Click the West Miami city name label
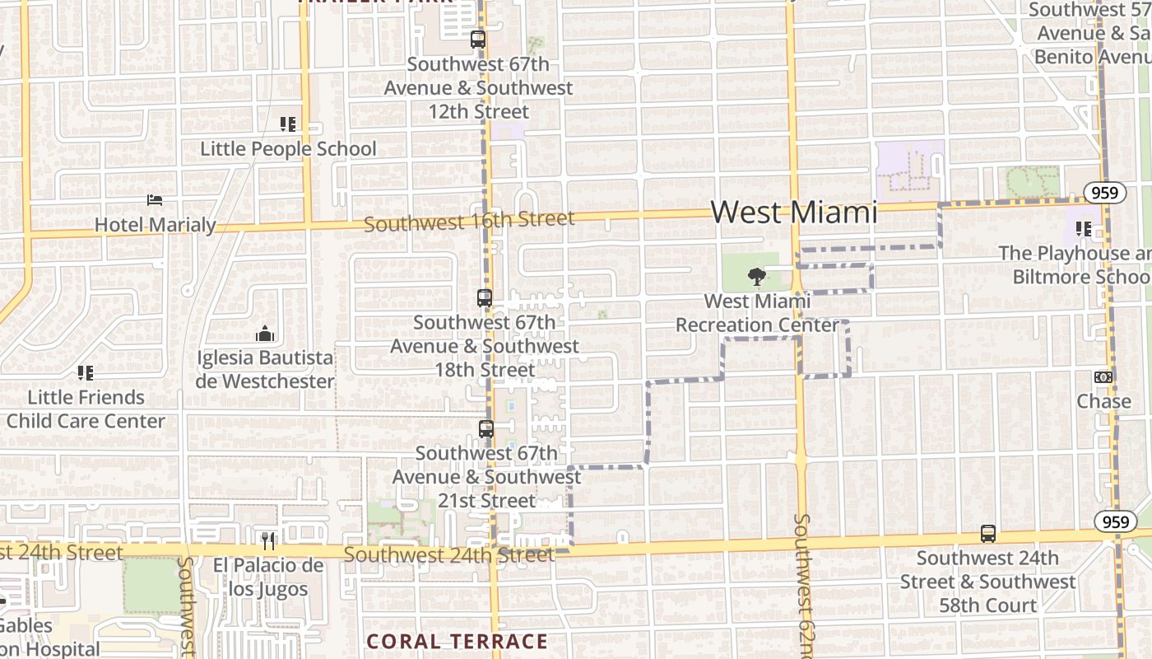click(793, 212)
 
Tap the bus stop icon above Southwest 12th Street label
click(477, 39)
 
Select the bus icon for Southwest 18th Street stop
click(485, 298)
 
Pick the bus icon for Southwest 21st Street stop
click(486, 428)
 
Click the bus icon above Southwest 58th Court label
click(988, 534)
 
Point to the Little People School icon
click(287, 124)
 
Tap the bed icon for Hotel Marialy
click(155, 199)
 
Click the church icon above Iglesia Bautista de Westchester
click(264, 334)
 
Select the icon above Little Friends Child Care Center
click(86, 373)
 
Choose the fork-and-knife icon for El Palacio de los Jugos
click(267, 541)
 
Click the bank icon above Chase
click(1103, 377)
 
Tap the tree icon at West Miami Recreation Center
click(756, 277)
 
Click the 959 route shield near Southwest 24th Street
click(1115, 521)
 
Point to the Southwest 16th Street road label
click(469, 221)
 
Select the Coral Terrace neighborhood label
click(457, 641)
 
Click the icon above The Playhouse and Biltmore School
click(1084, 229)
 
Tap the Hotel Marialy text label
click(156, 224)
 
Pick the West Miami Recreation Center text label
click(757, 313)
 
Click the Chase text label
click(1104, 401)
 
